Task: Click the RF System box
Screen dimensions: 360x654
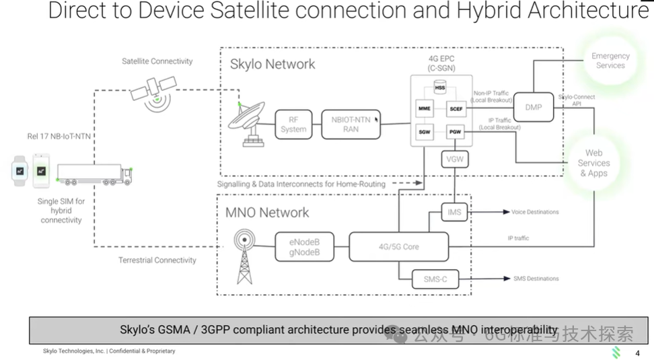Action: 293,124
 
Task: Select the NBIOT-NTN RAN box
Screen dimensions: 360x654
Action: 351,124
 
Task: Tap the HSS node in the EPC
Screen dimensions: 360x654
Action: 439,88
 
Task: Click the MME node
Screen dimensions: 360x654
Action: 425,108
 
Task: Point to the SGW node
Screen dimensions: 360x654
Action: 425,133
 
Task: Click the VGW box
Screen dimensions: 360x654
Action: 455,159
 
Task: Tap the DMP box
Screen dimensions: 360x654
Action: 534,107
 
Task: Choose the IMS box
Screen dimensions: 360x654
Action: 455,213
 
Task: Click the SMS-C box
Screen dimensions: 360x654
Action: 436,279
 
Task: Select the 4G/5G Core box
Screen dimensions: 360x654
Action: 398,246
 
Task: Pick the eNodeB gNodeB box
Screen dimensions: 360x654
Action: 304,246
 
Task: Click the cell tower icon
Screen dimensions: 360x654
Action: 244,256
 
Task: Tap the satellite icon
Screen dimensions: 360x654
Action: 153,90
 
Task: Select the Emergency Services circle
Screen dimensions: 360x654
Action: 610,61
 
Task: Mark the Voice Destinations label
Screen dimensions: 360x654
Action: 535,213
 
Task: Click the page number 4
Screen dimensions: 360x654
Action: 637,353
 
